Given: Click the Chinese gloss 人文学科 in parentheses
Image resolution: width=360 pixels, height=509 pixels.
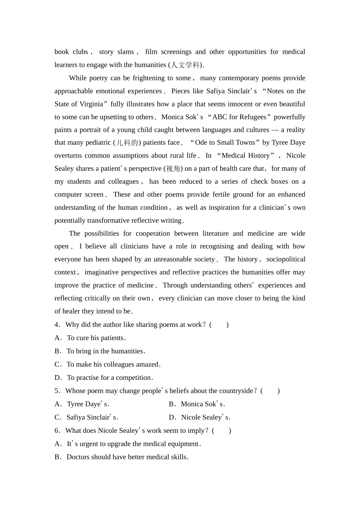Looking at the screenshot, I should click(x=185, y=65).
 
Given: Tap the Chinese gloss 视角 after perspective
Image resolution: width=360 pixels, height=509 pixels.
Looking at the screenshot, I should click(x=173, y=169).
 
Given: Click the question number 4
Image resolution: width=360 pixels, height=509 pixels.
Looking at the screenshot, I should click(x=56, y=325).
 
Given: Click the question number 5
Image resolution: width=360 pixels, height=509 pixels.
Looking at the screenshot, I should click(x=56, y=391).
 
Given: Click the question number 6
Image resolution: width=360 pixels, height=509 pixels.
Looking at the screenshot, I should click(x=56, y=431).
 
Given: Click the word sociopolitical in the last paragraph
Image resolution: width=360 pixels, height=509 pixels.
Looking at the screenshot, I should click(x=286, y=259).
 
